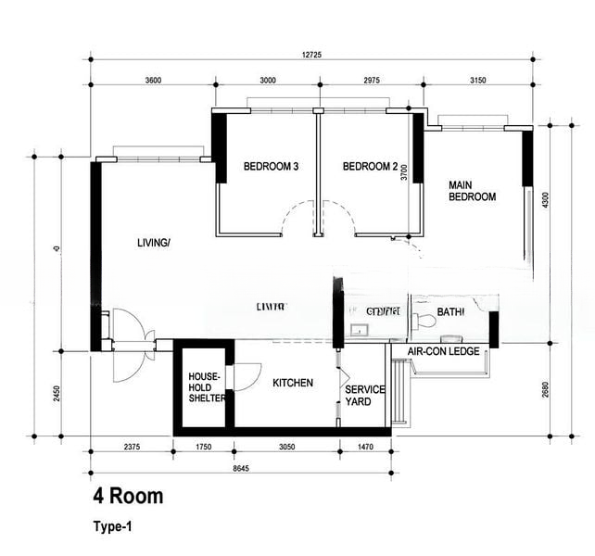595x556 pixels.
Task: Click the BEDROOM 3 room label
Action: click(271, 167)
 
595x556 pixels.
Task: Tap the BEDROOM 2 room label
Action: click(370, 167)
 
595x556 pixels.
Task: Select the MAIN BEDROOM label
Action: click(472, 190)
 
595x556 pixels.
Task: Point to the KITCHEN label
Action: click(293, 383)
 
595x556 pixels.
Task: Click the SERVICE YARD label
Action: click(358, 396)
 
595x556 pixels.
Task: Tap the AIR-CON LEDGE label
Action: click(443, 352)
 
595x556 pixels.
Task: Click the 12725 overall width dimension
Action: click(311, 54)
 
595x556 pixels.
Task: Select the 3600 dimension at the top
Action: click(154, 81)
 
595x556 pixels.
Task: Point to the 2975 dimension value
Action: click(365, 81)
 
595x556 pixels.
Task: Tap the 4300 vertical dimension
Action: click(544, 199)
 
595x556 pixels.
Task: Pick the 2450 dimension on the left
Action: click(57, 393)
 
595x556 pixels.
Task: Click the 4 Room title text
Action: click(127, 497)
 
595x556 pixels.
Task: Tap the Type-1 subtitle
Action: click(112, 527)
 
